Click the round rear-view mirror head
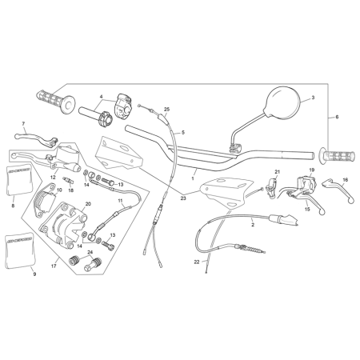283,102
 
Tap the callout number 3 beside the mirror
313,98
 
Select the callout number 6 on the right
337,117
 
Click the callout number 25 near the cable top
166,110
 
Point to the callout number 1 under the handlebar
193,178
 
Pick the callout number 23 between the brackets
183,198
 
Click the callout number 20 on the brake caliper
88,204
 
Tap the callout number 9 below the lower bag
34,274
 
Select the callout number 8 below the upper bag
13,206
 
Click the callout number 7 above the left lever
23,124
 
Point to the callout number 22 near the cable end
197,262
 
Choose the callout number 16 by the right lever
346,180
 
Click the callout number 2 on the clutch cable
253,225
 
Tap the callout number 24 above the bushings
90,252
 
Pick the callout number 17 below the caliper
54,266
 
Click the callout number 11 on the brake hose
120,200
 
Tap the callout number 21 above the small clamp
278,172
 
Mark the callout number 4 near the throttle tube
102,96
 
